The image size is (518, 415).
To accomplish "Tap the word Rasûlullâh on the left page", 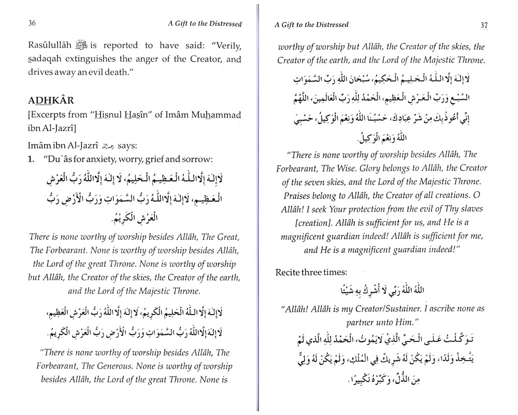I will pos(50,46).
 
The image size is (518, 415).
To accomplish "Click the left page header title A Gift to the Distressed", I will pos(206,23).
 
